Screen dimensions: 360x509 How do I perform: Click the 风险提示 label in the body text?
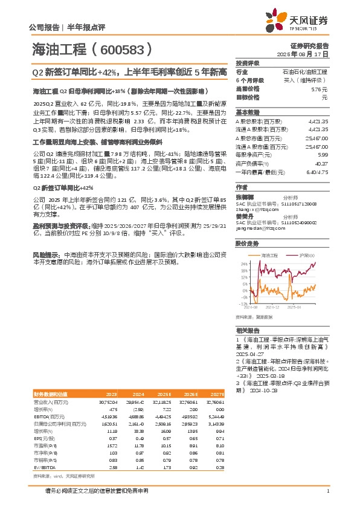tap(46, 239)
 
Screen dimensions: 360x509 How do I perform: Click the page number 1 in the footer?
tap(327, 491)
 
